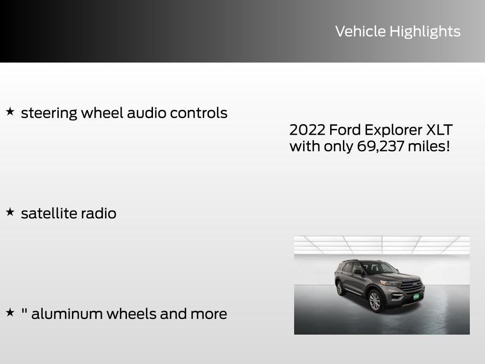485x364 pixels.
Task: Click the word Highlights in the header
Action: tap(425, 31)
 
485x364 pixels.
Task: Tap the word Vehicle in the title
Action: tap(360, 31)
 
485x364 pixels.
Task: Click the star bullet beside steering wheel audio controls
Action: tap(10, 112)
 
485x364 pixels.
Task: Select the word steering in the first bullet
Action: tap(49, 113)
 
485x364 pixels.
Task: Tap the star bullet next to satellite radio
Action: tap(10, 212)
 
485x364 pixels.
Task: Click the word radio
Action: tap(99, 213)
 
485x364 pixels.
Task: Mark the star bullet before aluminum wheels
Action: tap(10, 312)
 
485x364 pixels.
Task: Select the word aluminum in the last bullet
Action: tap(67, 314)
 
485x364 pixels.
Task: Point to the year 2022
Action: tap(307, 130)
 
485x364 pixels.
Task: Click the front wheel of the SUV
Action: tap(374, 301)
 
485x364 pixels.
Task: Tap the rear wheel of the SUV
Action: tap(339, 288)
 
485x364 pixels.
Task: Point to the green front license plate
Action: tap(416, 297)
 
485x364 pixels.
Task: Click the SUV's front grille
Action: tap(411, 285)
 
